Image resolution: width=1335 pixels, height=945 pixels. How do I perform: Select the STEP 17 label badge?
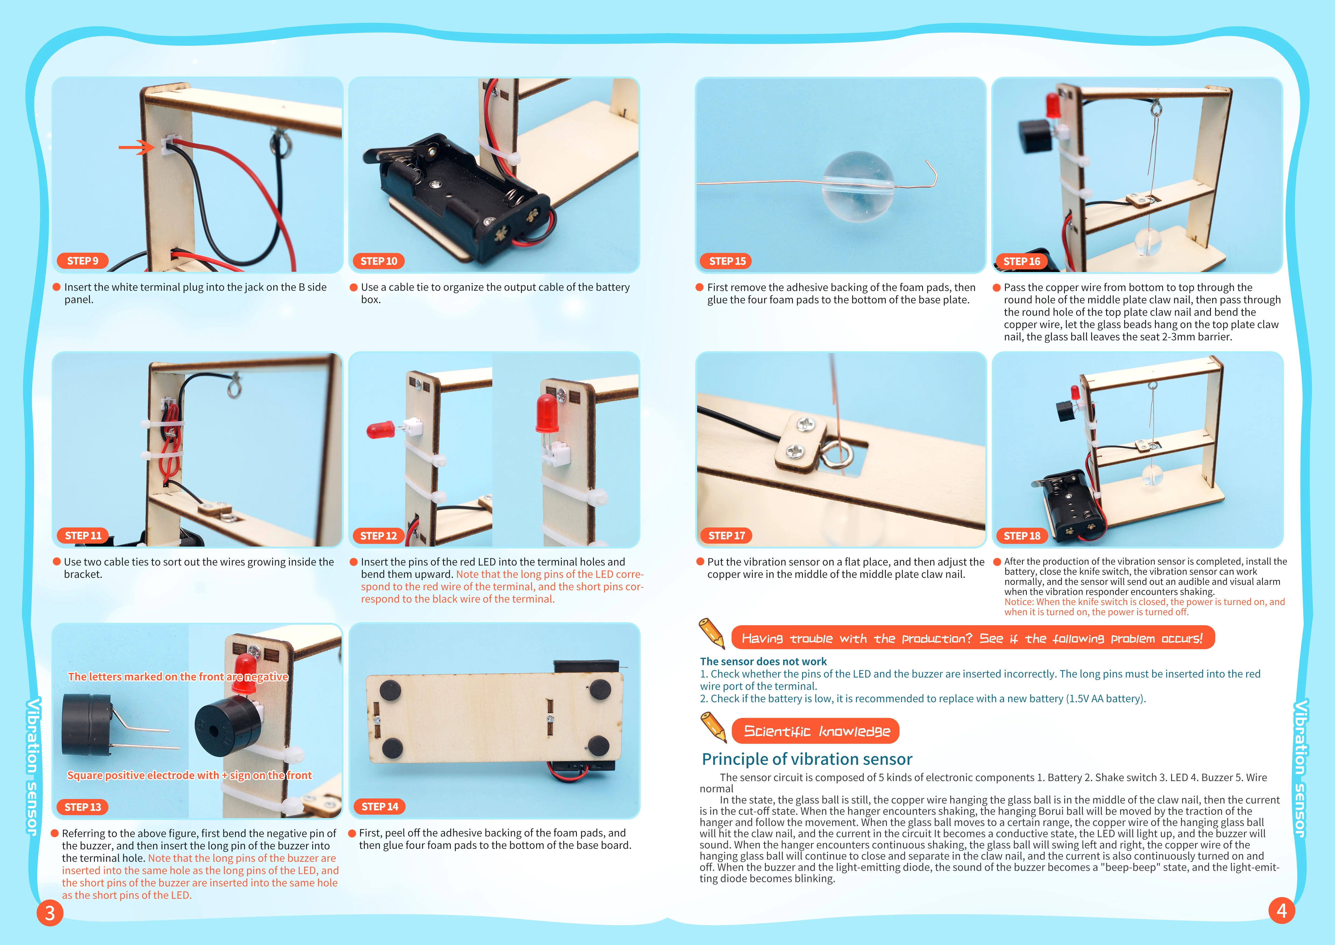click(x=726, y=535)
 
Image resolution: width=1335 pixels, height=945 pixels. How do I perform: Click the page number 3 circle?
click(x=50, y=912)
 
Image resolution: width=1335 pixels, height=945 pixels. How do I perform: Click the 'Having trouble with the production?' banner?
click(x=972, y=638)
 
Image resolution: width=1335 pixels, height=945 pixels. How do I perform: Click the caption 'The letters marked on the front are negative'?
click(x=178, y=676)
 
